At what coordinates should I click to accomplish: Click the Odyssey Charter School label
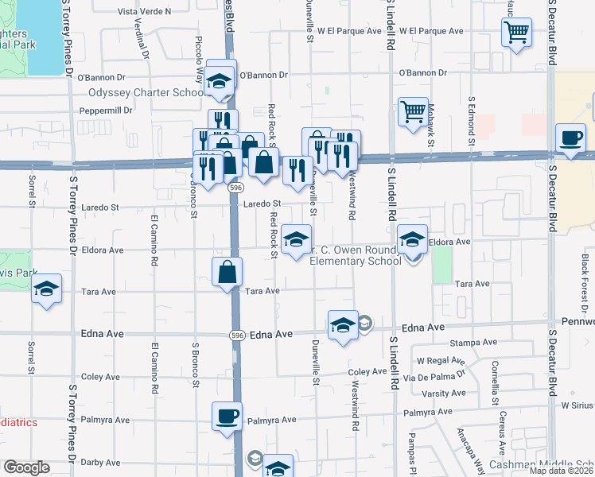coord(148,92)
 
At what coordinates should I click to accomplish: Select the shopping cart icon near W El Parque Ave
coord(516,33)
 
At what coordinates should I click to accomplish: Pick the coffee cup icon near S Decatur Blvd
coord(570,137)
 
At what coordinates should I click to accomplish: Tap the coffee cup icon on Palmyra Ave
coord(227,416)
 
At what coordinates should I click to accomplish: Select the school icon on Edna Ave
coord(343,324)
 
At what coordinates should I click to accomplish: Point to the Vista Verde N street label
coord(145,12)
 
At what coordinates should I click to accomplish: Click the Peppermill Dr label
coord(111,110)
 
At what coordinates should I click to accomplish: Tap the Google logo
coord(26,467)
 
